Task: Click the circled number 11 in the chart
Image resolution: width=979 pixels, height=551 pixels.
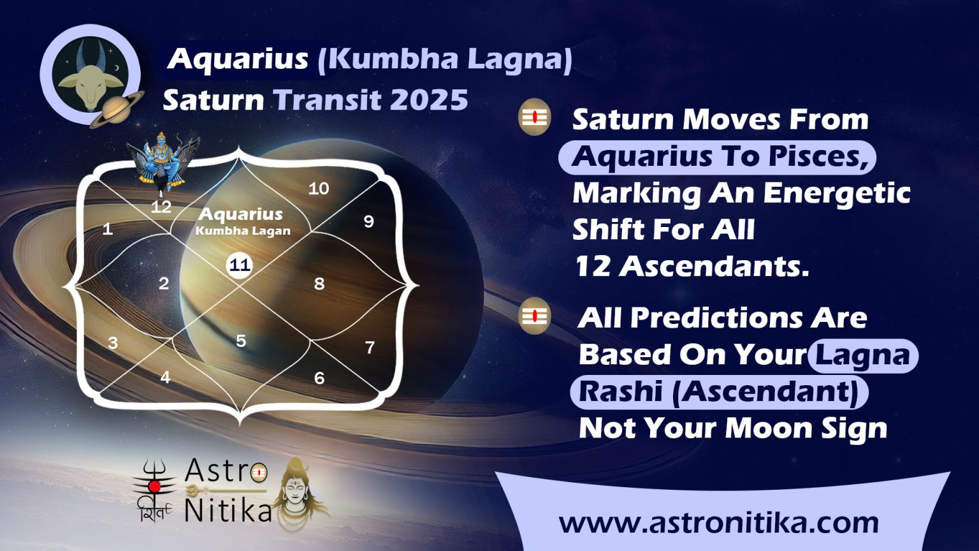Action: [240, 265]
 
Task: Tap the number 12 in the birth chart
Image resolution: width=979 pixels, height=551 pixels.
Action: [161, 207]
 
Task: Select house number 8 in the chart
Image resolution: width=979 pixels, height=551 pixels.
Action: [319, 284]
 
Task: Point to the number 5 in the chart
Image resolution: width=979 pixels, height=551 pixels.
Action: [241, 341]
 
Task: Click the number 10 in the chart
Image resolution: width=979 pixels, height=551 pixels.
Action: [319, 188]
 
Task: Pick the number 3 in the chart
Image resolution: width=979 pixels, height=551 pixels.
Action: [113, 343]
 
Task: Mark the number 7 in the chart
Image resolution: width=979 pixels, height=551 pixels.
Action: [370, 348]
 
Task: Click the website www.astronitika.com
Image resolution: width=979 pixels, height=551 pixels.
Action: [718, 522]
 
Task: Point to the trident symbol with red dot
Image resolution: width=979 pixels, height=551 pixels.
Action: [154, 486]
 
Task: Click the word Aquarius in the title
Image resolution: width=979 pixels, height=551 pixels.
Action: [238, 59]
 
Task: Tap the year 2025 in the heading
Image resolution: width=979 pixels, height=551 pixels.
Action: [428, 100]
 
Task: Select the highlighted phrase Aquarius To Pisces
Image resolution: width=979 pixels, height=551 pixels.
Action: [717, 156]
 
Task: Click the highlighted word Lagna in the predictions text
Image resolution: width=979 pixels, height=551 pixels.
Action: [862, 355]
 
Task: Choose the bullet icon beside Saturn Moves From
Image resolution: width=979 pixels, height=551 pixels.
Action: [534, 117]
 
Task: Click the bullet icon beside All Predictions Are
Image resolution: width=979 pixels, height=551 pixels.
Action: [534, 315]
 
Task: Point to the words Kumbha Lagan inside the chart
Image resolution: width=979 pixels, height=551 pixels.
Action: [243, 231]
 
